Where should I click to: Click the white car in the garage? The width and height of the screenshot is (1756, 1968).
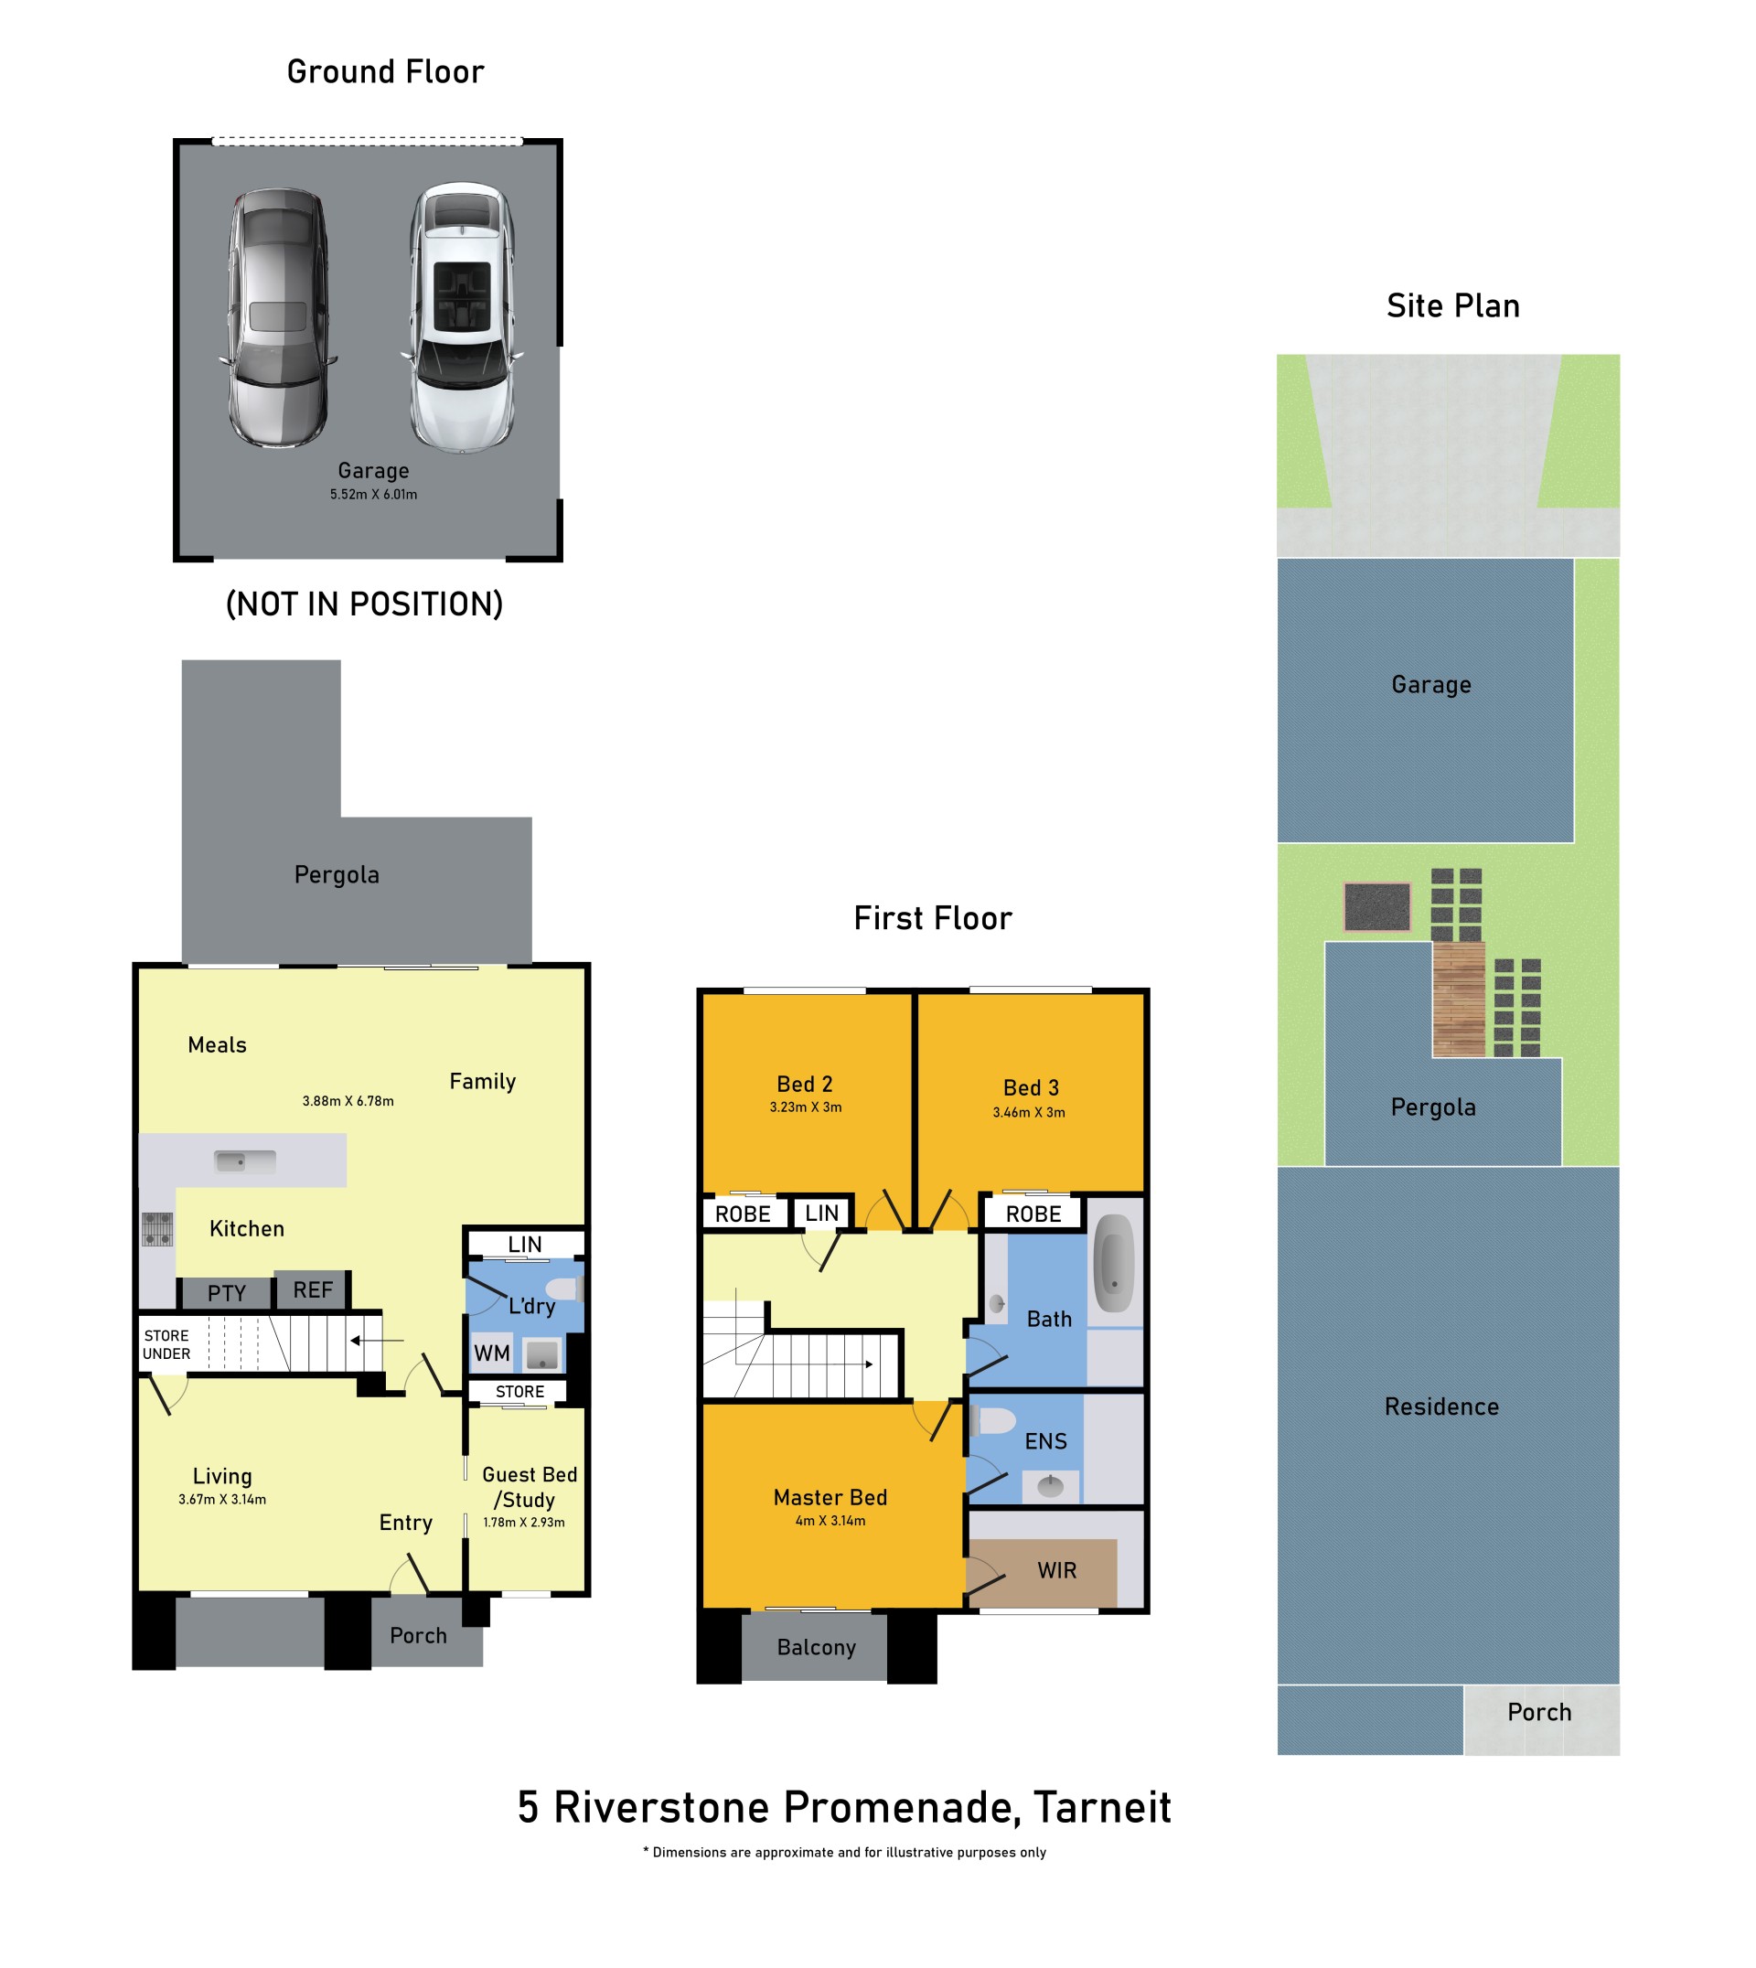tap(462, 317)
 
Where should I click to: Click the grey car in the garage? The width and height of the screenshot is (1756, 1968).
tap(278, 317)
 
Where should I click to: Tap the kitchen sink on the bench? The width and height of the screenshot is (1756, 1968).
tap(245, 1160)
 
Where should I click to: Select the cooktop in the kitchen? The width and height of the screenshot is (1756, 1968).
tap(158, 1229)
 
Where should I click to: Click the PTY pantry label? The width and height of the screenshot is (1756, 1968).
tap(227, 1294)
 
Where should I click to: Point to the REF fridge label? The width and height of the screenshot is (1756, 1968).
tap(313, 1289)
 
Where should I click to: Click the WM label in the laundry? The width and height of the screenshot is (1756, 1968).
tap(492, 1353)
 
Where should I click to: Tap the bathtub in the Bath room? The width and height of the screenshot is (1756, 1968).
tap(1114, 1263)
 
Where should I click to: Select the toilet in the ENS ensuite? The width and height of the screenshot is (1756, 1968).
tap(994, 1421)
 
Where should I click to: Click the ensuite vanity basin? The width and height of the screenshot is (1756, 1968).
tap(1051, 1486)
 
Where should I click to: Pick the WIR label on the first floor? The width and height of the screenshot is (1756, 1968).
tap(1057, 1570)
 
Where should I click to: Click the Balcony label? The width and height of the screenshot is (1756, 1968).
tap(816, 1648)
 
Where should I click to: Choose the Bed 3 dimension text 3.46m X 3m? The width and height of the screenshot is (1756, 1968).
tap(1030, 1112)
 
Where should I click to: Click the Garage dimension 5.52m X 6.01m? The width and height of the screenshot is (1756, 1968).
tap(373, 494)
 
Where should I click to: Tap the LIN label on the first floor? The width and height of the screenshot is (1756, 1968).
tap(822, 1213)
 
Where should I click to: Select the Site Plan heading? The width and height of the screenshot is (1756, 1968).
tap(1453, 305)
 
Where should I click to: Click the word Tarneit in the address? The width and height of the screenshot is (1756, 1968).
tap(1103, 1808)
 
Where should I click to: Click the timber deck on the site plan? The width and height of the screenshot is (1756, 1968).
tap(1459, 1000)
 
